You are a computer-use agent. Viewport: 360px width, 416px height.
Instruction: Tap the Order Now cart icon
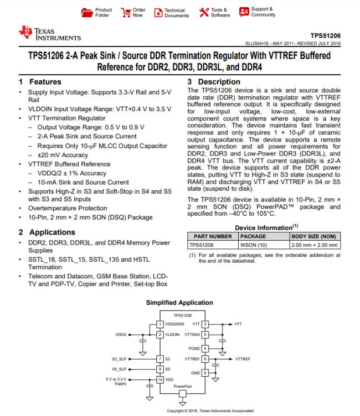click(x=126, y=12)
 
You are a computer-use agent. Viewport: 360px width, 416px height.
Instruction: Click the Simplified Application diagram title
click(x=179, y=303)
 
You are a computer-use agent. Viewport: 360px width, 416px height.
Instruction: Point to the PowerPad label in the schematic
click(x=183, y=386)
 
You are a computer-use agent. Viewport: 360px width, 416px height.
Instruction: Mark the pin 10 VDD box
click(x=161, y=379)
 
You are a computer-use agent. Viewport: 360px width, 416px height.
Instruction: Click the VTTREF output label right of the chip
click(x=243, y=358)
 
